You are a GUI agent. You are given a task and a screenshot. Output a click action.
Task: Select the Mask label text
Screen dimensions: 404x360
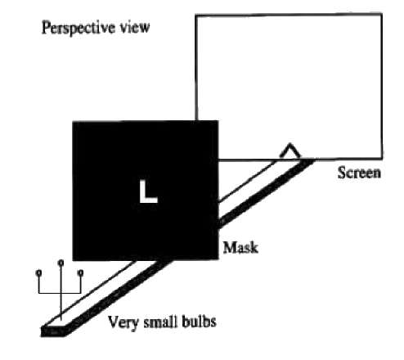pyautogui.click(x=240, y=248)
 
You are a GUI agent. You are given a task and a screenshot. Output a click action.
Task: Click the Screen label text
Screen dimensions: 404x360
pyautogui.click(x=359, y=173)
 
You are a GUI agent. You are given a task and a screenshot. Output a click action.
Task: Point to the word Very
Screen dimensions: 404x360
pyautogui.click(x=123, y=322)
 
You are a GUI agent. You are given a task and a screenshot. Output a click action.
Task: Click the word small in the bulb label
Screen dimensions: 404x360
pyautogui.click(x=159, y=322)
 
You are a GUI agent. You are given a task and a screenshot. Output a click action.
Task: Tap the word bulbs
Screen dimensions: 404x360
pyautogui.click(x=198, y=322)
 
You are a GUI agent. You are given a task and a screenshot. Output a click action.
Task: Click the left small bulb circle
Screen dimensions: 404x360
pyautogui.click(x=39, y=272)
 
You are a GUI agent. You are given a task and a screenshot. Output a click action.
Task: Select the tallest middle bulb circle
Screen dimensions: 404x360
pyautogui.click(x=61, y=263)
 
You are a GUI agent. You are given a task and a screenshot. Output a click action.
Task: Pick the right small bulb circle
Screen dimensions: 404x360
pyautogui.click(x=80, y=272)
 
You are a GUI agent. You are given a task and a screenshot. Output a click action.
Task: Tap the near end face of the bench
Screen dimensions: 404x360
pyautogui.click(x=55, y=331)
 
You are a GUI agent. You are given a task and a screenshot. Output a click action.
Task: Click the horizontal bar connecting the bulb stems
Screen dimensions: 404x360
pyautogui.click(x=60, y=293)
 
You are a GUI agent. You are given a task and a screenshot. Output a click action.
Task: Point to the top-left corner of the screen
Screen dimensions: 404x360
pyautogui.click(x=196, y=16)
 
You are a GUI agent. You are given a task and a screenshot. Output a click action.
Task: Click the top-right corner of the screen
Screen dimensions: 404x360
pyautogui.click(x=381, y=14)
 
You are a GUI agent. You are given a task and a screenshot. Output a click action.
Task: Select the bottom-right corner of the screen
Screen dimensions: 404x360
pyautogui.click(x=382, y=158)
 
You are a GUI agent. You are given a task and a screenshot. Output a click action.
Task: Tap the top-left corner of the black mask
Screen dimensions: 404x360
pyautogui.click(x=73, y=122)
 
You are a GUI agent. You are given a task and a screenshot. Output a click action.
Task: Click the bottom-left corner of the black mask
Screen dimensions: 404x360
pyautogui.click(x=73, y=260)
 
